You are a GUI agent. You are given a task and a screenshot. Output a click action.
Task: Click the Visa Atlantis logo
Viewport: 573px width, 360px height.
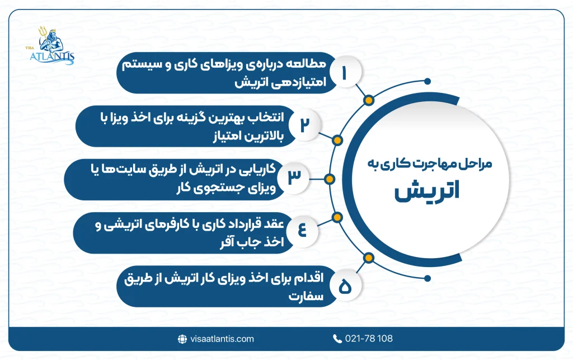(53, 45)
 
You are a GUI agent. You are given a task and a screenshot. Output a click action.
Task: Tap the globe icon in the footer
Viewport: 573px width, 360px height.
(182, 339)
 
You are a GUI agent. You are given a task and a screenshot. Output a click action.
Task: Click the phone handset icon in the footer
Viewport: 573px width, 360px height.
(337, 339)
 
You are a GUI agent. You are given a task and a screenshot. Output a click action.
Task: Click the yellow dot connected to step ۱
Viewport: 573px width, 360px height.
(368, 101)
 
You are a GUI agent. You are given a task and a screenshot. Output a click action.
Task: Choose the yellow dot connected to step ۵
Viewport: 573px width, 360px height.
(368, 259)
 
